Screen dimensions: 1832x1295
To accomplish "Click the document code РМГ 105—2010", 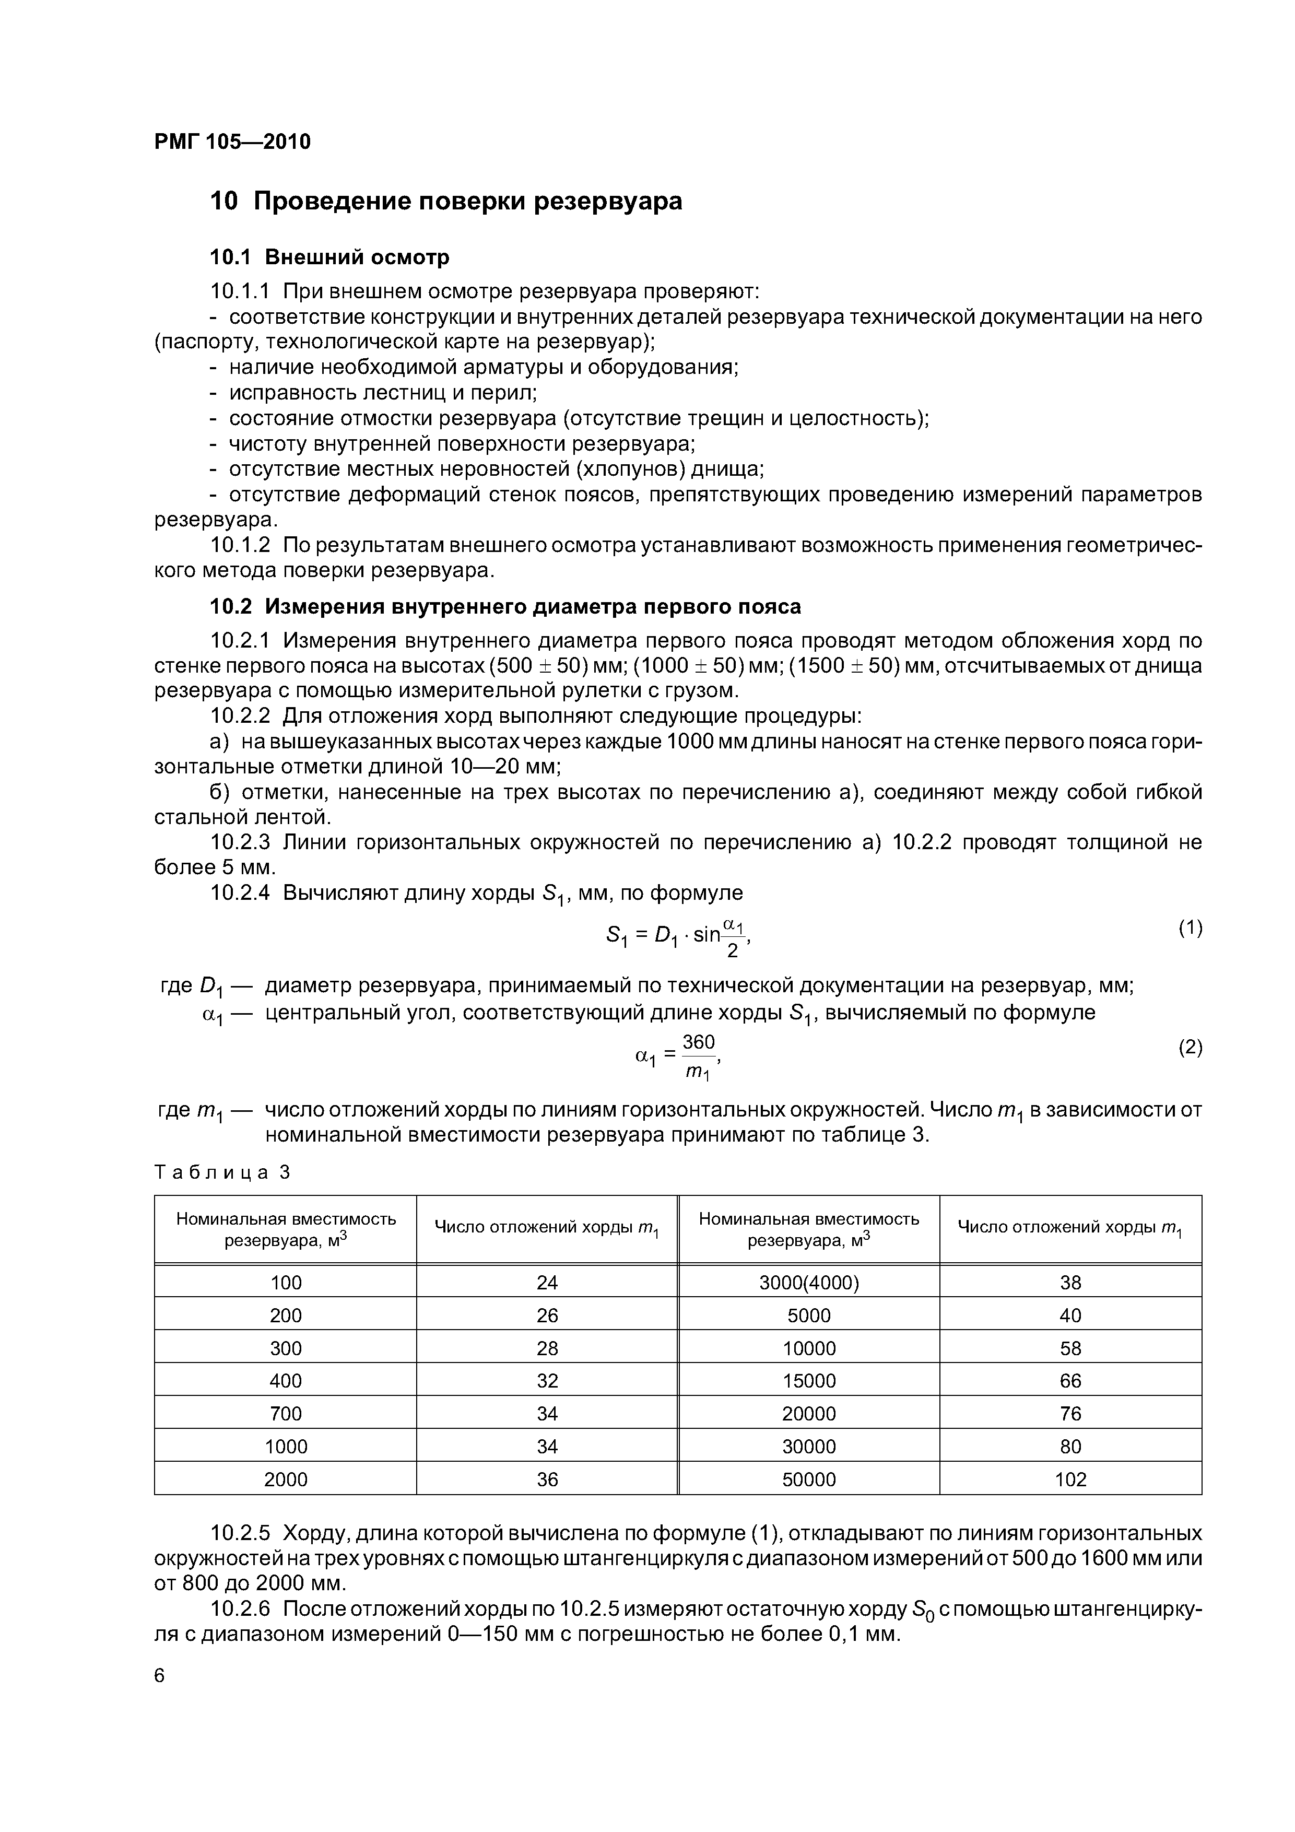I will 232,142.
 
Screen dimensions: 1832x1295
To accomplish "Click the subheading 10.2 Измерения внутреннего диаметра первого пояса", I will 505,607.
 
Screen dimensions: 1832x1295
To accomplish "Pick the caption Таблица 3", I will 222,1172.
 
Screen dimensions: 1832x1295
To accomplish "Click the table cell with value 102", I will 1070,1479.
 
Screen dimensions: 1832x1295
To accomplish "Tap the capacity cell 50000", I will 808,1479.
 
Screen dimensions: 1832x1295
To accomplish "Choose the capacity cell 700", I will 286,1414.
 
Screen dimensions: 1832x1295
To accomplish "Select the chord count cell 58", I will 1070,1348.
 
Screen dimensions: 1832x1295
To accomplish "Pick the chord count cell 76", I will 1070,1414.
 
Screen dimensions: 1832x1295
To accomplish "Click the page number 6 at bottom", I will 160,1676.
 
